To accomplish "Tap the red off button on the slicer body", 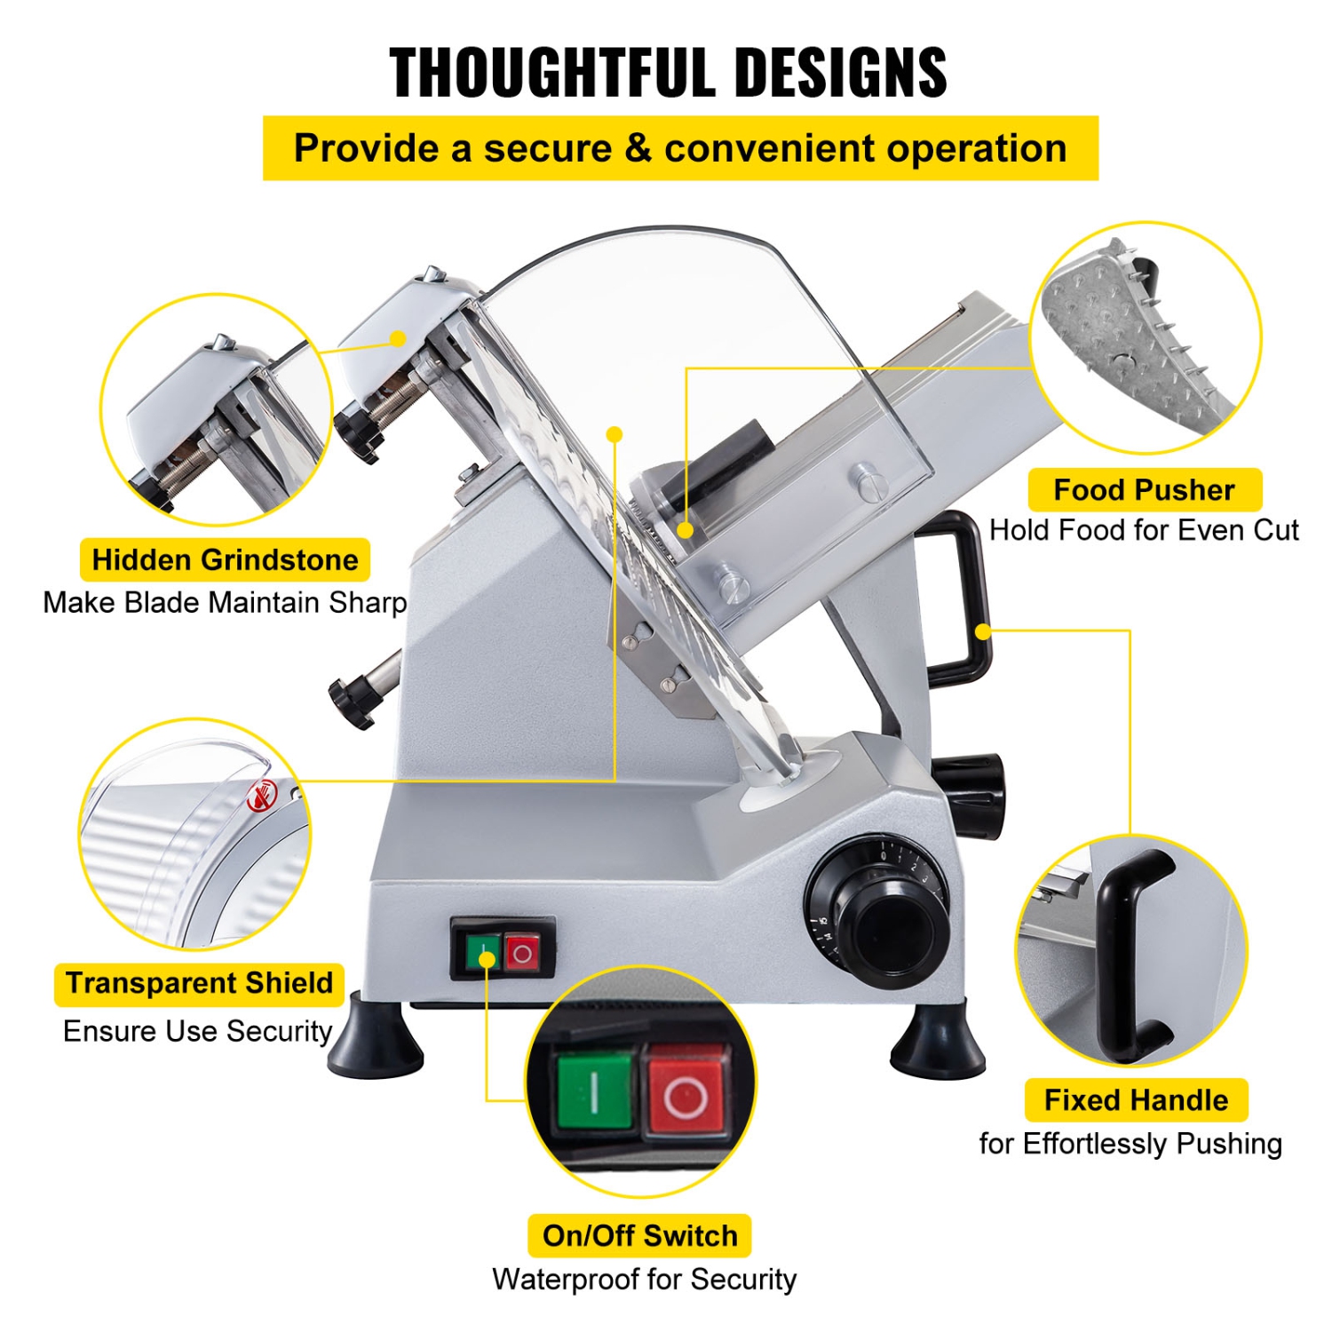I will click(x=522, y=954).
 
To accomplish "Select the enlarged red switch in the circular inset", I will click(x=686, y=1091).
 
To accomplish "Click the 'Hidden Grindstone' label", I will click(x=225, y=560).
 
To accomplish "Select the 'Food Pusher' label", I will click(x=1144, y=490).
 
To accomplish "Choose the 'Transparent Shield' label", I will click(x=199, y=984).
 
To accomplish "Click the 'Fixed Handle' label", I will click(x=1136, y=1100).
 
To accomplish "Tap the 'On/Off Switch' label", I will click(x=639, y=1235).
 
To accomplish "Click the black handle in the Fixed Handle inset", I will click(x=1121, y=955).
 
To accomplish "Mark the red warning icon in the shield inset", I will click(x=262, y=796).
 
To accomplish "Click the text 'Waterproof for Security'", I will click(x=644, y=1280).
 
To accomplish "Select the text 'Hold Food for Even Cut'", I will click(x=1144, y=530).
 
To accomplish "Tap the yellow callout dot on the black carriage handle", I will click(x=983, y=631).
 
